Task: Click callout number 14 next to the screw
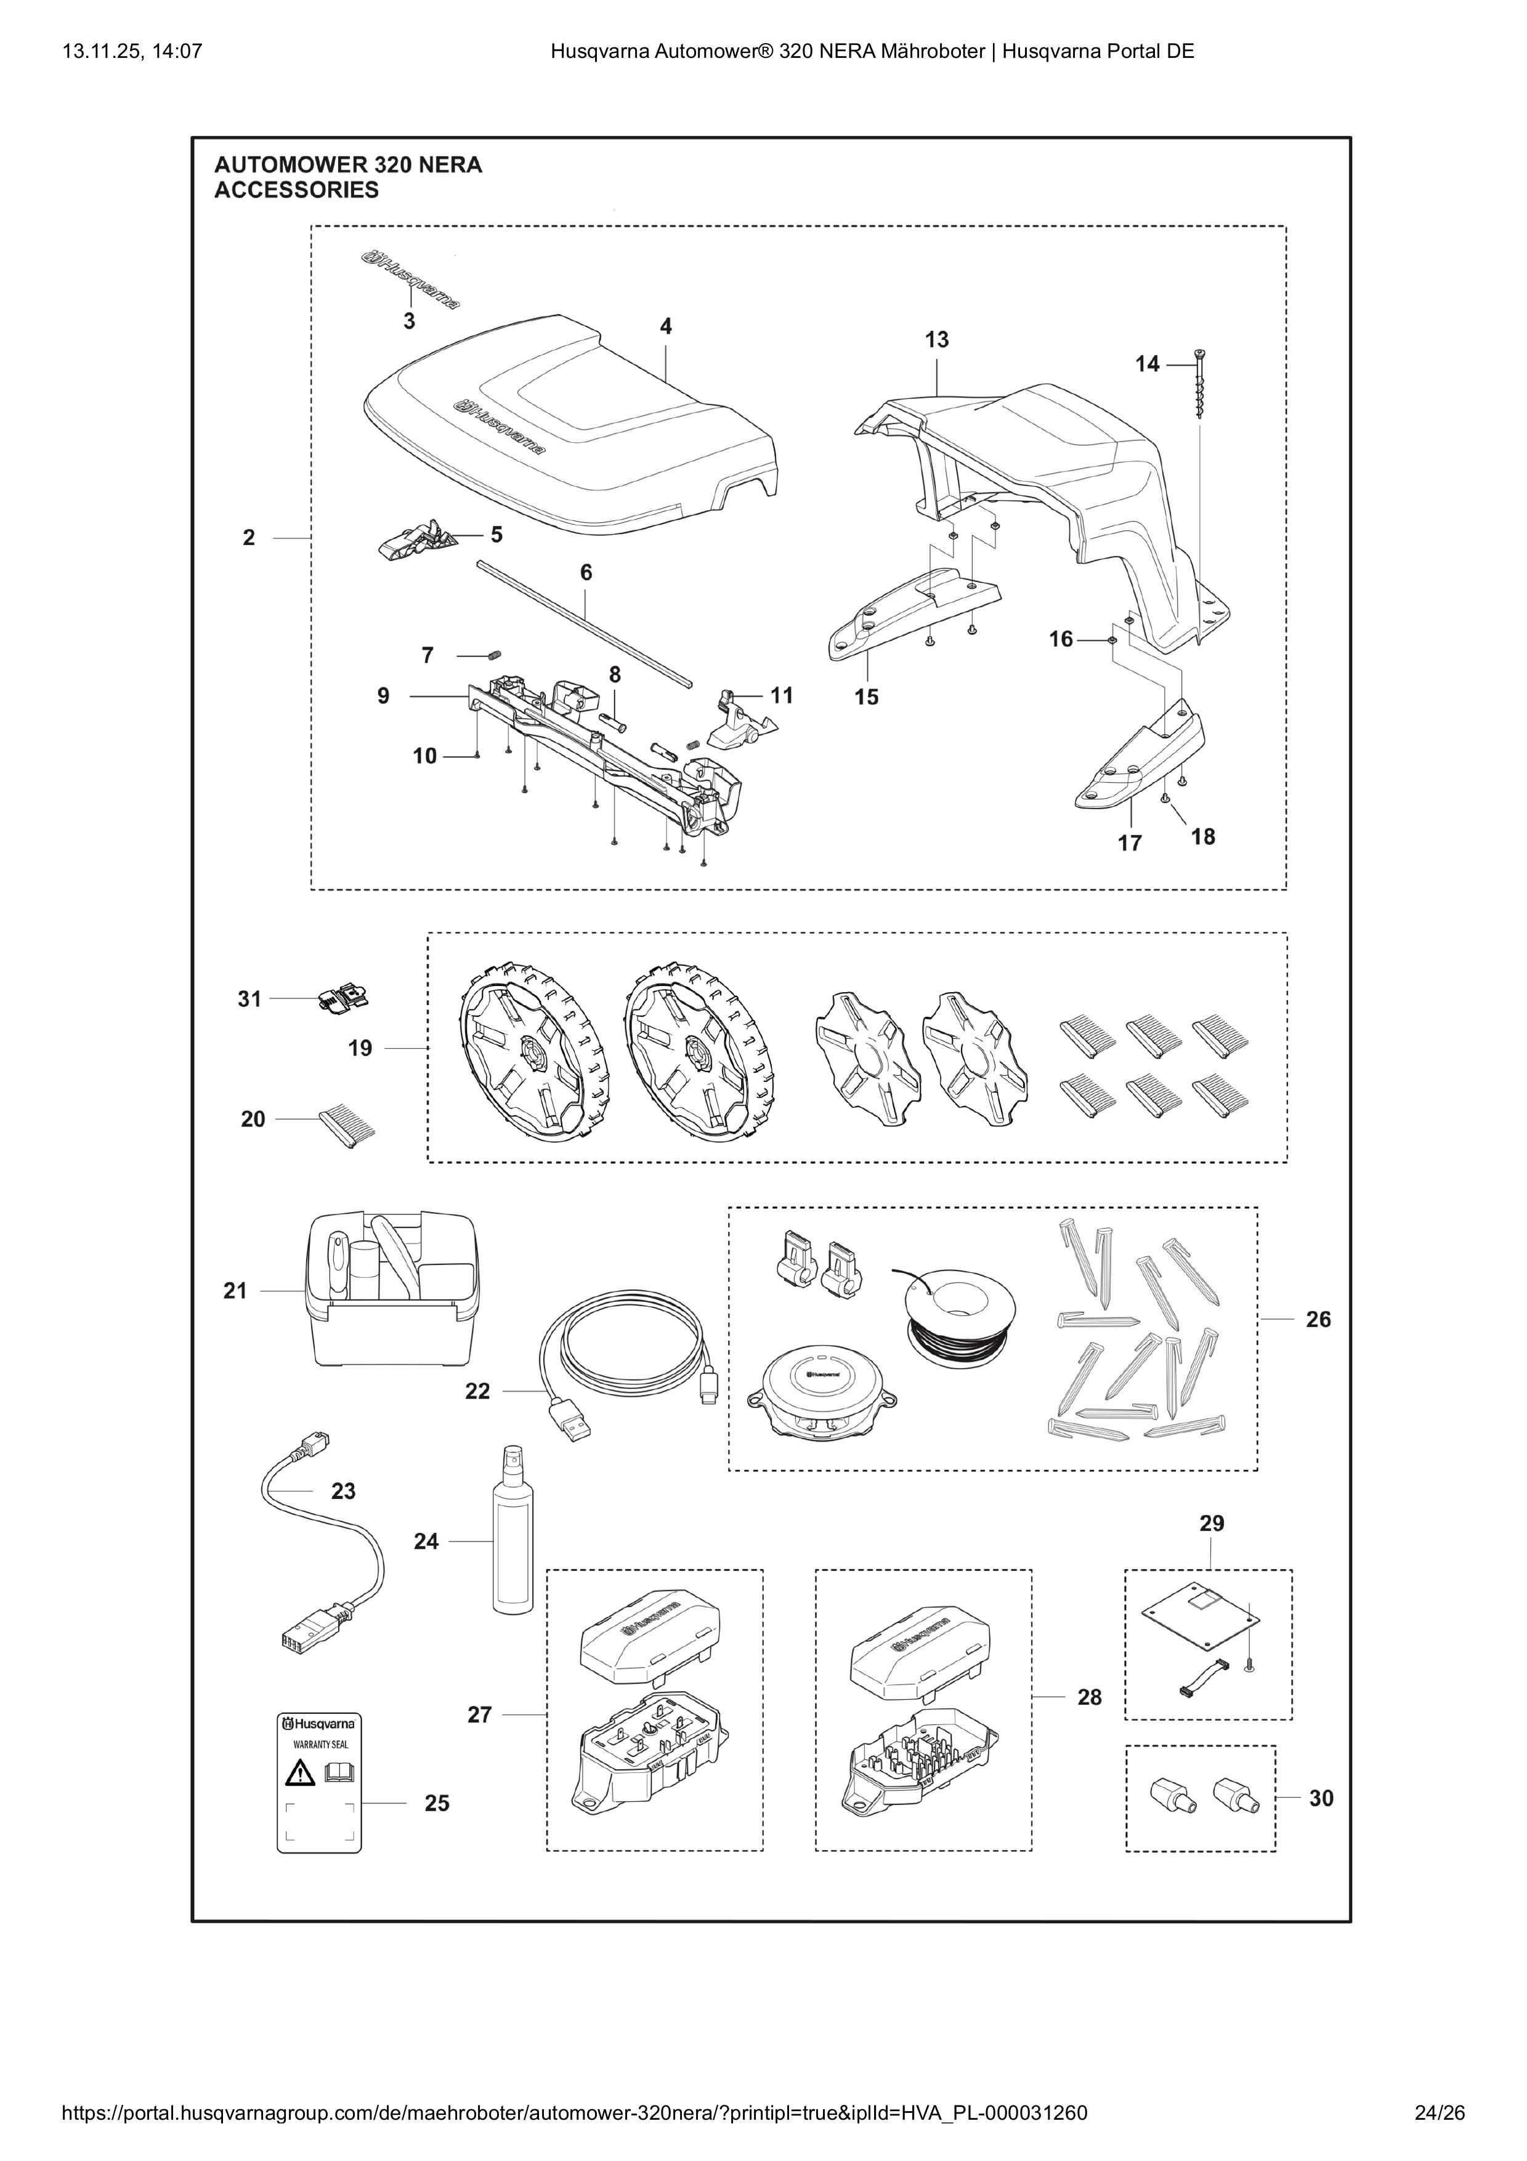click(x=1147, y=363)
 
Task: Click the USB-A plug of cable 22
click(x=570, y=1427)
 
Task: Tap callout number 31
click(x=248, y=999)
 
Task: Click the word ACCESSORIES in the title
click(x=296, y=190)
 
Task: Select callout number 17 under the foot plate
click(x=1130, y=842)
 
